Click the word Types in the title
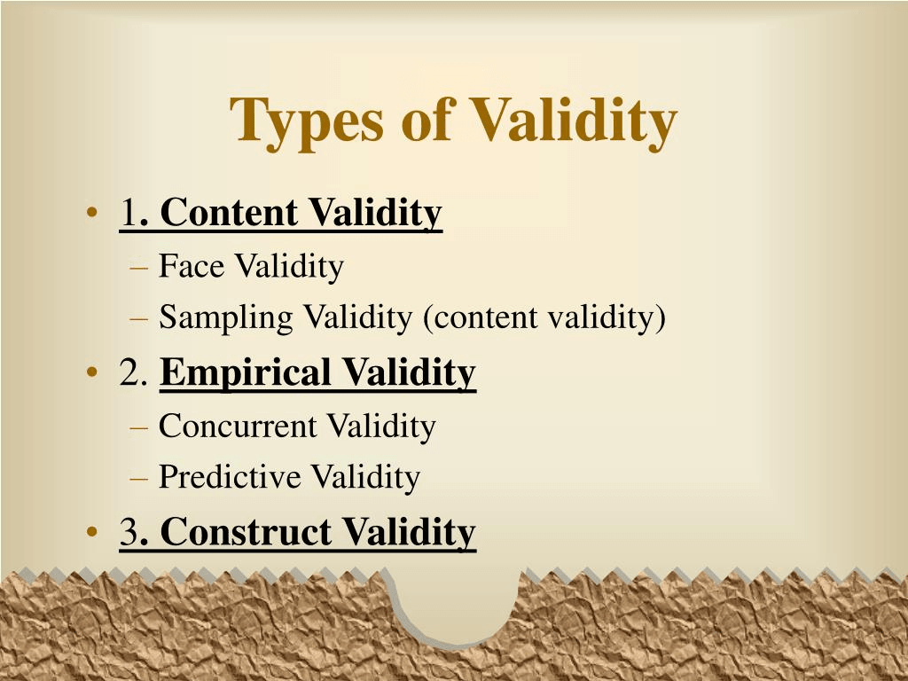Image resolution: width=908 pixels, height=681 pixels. coord(306,122)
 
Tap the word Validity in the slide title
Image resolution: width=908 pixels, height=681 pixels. coord(573,122)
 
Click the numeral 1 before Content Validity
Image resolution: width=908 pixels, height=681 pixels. coord(129,213)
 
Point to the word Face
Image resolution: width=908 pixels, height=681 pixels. coord(192,266)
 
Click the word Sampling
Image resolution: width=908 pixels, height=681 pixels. coord(226,318)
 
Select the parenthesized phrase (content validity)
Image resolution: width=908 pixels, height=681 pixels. coord(544,318)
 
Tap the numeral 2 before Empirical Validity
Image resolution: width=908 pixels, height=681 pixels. coord(129,372)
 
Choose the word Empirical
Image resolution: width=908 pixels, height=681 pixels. coord(246,373)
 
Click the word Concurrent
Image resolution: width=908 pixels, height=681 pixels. coord(238,427)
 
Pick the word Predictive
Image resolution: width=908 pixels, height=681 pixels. coord(230,476)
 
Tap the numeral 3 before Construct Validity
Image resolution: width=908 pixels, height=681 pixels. coord(129,532)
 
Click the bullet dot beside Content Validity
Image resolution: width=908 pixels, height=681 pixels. coord(91,212)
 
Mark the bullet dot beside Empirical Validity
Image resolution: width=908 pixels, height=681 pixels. coord(91,372)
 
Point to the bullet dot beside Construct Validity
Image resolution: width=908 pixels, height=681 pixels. coord(91,532)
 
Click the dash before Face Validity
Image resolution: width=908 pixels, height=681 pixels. coord(139,269)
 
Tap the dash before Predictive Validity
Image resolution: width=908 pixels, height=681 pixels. coord(139,479)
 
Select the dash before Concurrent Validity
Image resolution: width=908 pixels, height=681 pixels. coord(139,428)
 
